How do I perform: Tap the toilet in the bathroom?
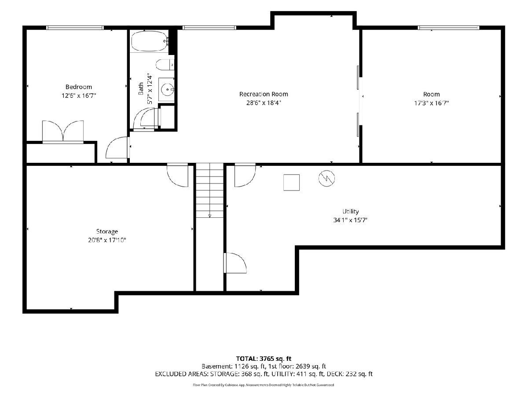pyautogui.click(x=165, y=65)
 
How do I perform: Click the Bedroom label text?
pyautogui.click(x=79, y=87)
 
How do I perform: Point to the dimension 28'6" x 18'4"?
pyautogui.click(x=264, y=103)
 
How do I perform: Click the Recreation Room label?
pyautogui.click(x=264, y=94)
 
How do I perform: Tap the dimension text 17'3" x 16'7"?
pyautogui.click(x=431, y=103)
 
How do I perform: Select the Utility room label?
pyautogui.click(x=351, y=211)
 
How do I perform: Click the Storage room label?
pyautogui.click(x=107, y=231)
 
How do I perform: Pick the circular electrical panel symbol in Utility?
pyautogui.click(x=326, y=178)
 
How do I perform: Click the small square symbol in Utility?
pyautogui.click(x=291, y=183)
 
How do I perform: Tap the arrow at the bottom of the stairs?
pyautogui.click(x=210, y=216)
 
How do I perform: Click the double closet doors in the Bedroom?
pyautogui.click(x=63, y=131)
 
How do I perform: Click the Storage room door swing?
pyautogui.click(x=177, y=175)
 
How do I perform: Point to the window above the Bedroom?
pyautogui.click(x=75, y=28)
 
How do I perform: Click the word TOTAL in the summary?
pyautogui.click(x=246, y=359)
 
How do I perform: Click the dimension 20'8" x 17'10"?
pyautogui.click(x=107, y=240)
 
